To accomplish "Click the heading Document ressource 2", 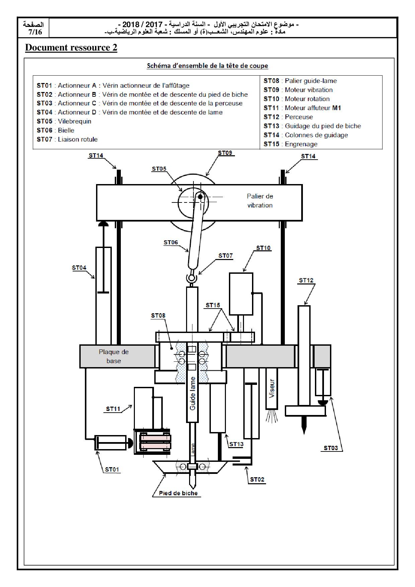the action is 71,48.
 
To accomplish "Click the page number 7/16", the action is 35,32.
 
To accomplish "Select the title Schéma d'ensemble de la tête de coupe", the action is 207,66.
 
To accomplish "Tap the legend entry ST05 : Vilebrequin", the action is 64,121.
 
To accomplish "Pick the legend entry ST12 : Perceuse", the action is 288,117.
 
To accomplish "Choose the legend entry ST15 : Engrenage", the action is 290,144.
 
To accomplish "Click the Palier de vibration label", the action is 260,201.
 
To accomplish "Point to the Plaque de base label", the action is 114,356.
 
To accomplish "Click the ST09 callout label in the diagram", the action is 225,153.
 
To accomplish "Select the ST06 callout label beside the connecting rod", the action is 171,242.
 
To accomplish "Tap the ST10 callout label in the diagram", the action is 263,248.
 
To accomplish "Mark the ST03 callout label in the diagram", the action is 331,448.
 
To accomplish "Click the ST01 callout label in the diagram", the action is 112,470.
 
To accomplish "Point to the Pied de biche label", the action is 178,493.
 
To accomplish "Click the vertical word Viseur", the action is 272,389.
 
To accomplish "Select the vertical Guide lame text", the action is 193,394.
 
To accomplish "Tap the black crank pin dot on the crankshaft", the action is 200,197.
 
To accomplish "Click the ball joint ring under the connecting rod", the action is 192,278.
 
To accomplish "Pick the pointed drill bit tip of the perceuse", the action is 304,433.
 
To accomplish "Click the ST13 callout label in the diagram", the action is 236,444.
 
